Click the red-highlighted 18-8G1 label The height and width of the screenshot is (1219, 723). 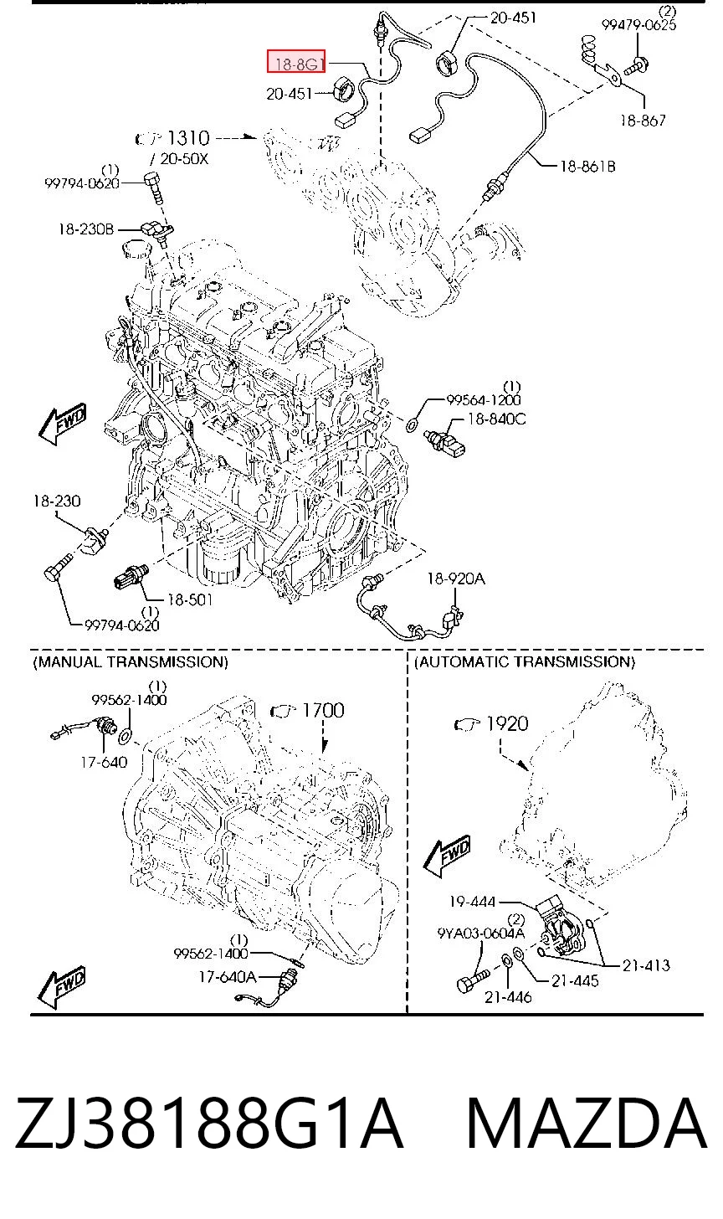tap(296, 61)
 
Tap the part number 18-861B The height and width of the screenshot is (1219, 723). tap(587, 166)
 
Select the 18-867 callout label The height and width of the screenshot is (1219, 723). tap(643, 120)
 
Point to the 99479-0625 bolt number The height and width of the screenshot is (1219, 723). tap(638, 24)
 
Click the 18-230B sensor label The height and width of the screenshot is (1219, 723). tap(86, 229)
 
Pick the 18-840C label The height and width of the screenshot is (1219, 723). tap(497, 419)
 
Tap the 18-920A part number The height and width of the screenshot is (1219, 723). tap(456, 578)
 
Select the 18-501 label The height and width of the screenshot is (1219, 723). tap(190, 599)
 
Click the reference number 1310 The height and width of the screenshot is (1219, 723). tap(188, 138)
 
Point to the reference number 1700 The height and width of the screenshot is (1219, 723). tap(323, 710)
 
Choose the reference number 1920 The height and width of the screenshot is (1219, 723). tap(507, 723)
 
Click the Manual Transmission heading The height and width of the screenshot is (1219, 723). tap(131, 661)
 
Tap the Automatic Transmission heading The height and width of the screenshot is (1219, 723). tap(525, 661)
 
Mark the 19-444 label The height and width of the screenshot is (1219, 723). tap(472, 902)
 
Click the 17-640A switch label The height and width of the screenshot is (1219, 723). tap(227, 977)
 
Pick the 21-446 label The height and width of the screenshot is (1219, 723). tap(508, 997)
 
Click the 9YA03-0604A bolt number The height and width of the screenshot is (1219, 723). tap(481, 934)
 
